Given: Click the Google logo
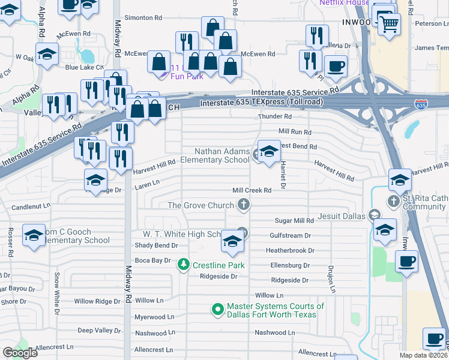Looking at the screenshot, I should pyautogui.click(x=20, y=353).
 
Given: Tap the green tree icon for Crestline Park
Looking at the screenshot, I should pyautogui.click(x=184, y=264).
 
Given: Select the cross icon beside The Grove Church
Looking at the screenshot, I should pyautogui.click(x=244, y=205).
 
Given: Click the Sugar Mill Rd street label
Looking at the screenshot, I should pyautogui.click(x=295, y=221).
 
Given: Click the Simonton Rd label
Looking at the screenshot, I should pyautogui.click(x=143, y=18).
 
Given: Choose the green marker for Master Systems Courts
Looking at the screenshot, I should pyautogui.click(x=218, y=310).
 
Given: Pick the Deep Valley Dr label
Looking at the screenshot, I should pyautogui.click(x=99, y=330).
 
